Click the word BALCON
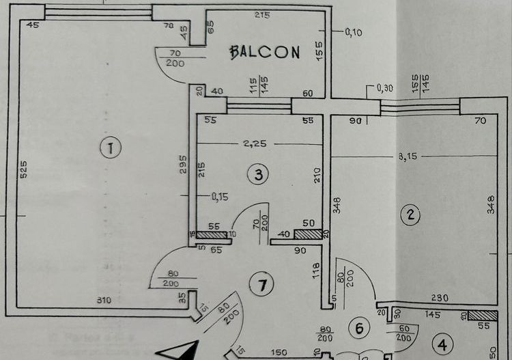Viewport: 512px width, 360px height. [264, 51]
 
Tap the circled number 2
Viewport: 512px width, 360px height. [410, 215]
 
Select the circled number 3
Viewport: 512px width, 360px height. [258, 175]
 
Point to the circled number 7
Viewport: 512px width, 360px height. [258, 284]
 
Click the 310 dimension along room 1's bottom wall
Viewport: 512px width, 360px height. [104, 299]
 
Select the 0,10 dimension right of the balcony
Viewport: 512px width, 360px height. [354, 31]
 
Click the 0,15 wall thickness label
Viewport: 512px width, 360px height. [220, 197]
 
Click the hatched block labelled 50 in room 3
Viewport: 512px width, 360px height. [309, 234]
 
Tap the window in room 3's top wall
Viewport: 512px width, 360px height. [259, 105]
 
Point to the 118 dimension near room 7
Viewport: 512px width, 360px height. [315, 271]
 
